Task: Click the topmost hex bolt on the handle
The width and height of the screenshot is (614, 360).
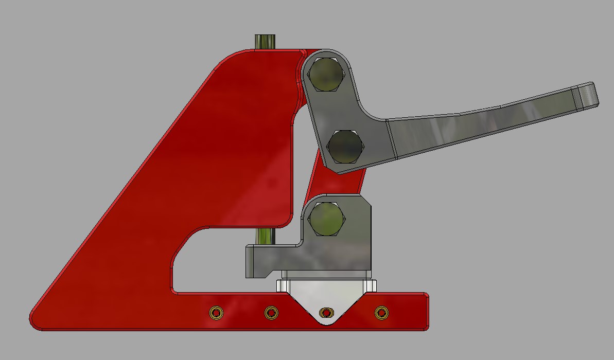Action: pyautogui.click(x=325, y=75)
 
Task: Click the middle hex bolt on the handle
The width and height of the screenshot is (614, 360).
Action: pyautogui.click(x=345, y=146)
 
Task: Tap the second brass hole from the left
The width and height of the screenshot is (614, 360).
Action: pyautogui.click(x=271, y=312)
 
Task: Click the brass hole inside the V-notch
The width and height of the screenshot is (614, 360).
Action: pyautogui.click(x=325, y=312)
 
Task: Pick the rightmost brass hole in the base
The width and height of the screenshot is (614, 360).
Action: pyautogui.click(x=381, y=312)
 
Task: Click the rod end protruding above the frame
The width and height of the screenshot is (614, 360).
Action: pyautogui.click(x=265, y=41)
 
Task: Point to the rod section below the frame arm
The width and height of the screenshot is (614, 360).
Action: pyautogui.click(x=265, y=236)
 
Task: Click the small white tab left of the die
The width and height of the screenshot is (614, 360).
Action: pyautogui.click(x=281, y=285)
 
